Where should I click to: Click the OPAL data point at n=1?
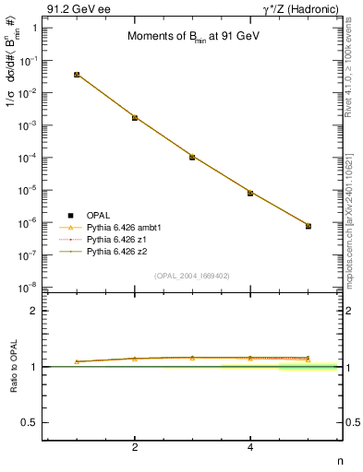77,74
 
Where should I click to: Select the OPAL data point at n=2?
135,117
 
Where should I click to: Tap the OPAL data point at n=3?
192,157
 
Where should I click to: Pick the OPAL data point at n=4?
250,193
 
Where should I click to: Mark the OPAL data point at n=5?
309,226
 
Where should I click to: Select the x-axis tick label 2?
135,447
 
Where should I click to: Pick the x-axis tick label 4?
250,447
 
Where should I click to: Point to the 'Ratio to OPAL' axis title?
14,366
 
